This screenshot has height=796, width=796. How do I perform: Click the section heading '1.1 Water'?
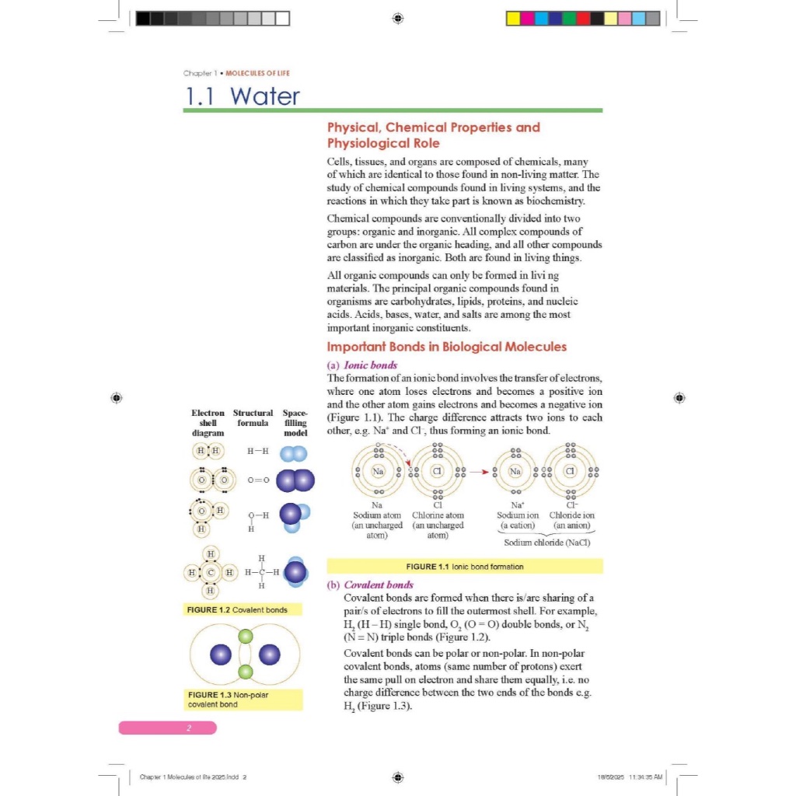point(242,96)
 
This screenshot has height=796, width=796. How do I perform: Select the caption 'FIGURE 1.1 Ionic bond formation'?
point(464,566)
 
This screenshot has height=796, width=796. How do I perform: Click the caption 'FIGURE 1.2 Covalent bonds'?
point(237,609)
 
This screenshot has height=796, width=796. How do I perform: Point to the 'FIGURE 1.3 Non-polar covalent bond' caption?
point(228,699)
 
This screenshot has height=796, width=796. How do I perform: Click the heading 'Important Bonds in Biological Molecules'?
point(446,347)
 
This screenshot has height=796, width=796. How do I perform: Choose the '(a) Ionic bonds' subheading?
point(362,365)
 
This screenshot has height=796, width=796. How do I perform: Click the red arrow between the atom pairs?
point(481,471)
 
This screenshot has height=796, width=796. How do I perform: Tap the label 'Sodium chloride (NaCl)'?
point(546,543)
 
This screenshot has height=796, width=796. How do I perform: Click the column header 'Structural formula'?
point(253,418)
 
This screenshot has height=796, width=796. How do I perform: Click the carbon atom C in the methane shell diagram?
point(210,573)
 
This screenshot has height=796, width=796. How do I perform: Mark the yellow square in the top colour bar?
point(513,18)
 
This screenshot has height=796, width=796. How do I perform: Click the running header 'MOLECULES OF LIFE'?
point(257,73)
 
